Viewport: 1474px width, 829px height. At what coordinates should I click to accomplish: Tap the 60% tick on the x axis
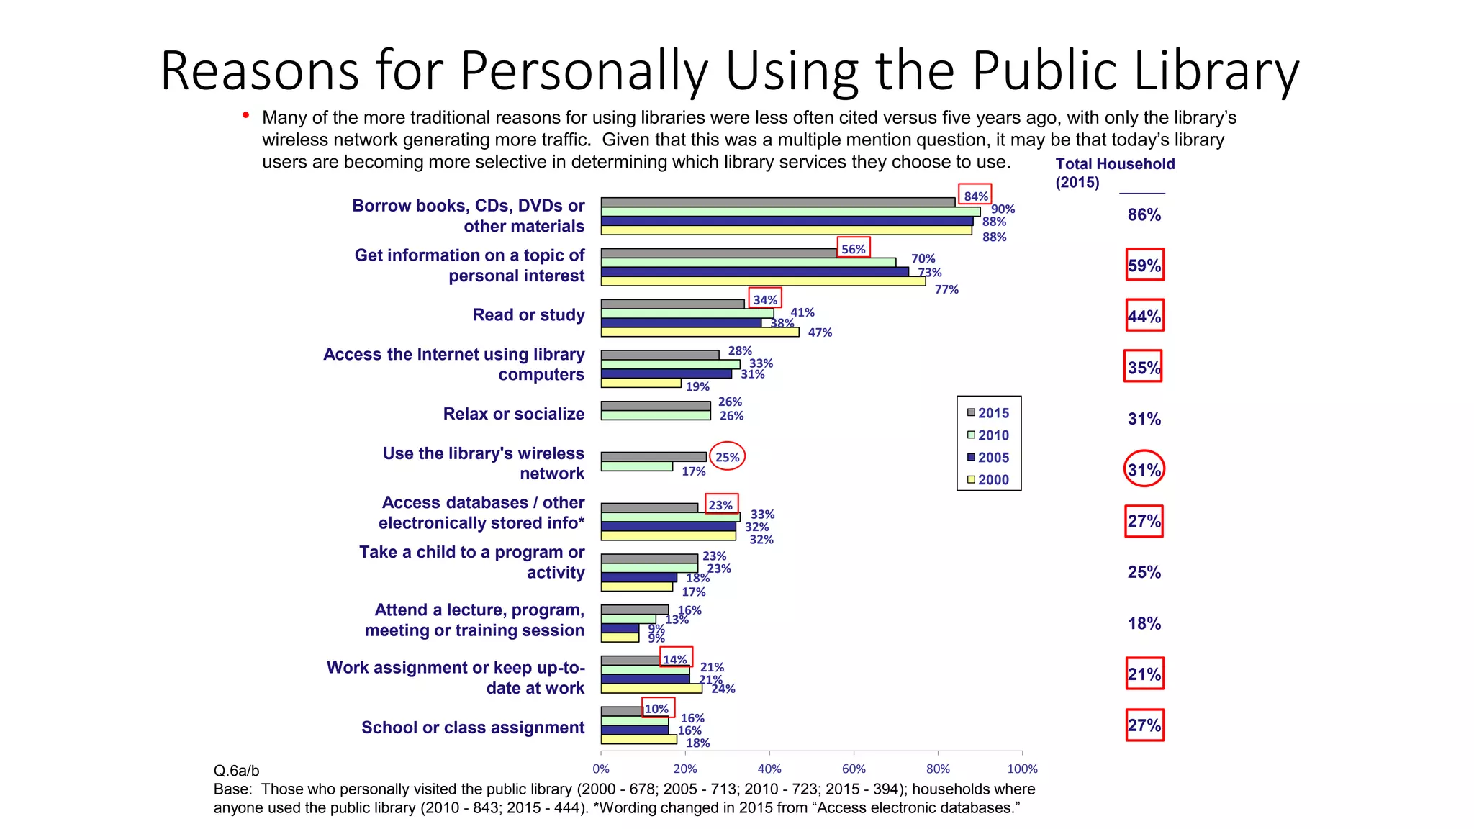pyautogui.click(x=854, y=769)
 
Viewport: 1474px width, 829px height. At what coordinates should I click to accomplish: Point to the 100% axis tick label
pyautogui.click(x=1022, y=769)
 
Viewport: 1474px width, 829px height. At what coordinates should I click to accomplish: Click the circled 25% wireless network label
pyautogui.click(x=727, y=457)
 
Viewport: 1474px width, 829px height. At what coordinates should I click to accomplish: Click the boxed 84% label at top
pyautogui.click(x=975, y=196)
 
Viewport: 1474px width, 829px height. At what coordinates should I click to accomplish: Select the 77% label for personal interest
pyautogui.click(x=946, y=289)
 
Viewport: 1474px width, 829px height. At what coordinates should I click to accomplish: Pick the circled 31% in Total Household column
pyautogui.click(x=1144, y=469)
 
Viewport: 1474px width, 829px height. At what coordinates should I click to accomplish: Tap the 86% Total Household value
pyautogui.click(x=1144, y=214)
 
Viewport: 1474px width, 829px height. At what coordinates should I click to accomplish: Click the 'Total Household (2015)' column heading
pyautogui.click(x=1114, y=173)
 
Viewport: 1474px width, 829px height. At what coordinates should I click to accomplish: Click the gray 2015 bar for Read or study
pyautogui.click(x=672, y=304)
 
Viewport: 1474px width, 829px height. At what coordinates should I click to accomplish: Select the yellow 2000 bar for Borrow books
pyautogui.click(x=786, y=231)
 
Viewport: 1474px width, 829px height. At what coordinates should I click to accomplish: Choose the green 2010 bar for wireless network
pyautogui.click(x=636, y=466)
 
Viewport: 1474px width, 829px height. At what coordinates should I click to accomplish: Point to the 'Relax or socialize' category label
pyautogui.click(x=513, y=414)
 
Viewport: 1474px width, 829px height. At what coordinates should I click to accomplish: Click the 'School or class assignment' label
pyautogui.click(x=473, y=728)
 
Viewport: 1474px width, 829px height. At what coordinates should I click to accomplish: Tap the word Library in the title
pyautogui.click(x=1216, y=71)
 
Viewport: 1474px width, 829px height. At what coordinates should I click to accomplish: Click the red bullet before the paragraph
pyautogui.click(x=246, y=115)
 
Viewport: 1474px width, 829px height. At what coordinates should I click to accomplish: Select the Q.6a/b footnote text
pyautogui.click(x=236, y=771)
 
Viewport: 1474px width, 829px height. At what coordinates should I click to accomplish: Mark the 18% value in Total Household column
pyautogui.click(x=1144, y=623)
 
